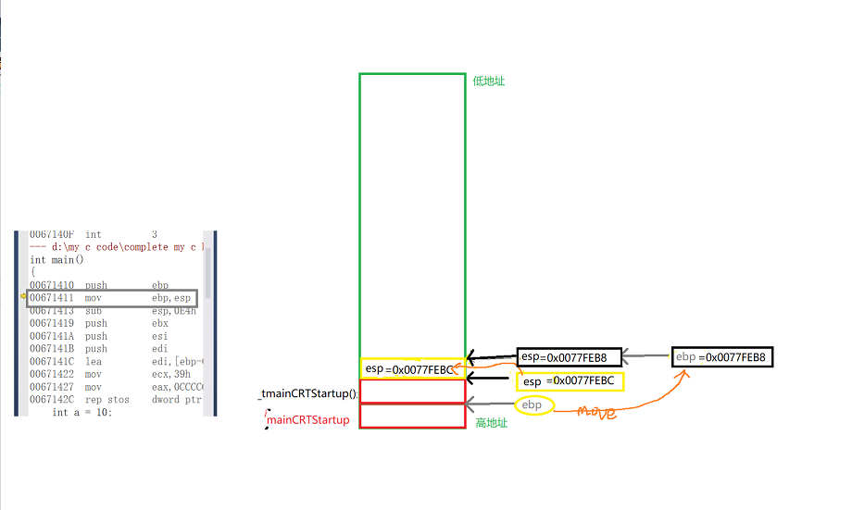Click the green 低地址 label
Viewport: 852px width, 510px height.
coord(488,81)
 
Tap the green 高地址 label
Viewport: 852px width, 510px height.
coord(492,423)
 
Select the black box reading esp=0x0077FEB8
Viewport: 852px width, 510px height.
coord(564,357)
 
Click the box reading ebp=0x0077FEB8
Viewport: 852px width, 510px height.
coord(721,357)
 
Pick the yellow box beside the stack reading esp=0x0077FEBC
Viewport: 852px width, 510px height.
coord(570,381)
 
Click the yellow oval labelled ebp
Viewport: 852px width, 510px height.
coord(532,405)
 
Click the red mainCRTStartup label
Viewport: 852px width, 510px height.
coord(308,420)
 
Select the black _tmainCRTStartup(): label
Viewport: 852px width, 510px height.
coord(307,394)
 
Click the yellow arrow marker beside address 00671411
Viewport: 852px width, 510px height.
coord(22,298)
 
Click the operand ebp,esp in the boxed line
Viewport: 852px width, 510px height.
coord(171,298)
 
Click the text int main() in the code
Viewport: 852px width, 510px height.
coord(56,260)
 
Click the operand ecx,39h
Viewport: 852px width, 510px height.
coord(169,374)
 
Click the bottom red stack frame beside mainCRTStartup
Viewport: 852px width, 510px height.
coord(412,417)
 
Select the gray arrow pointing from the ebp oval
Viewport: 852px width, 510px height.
coord(490,404)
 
